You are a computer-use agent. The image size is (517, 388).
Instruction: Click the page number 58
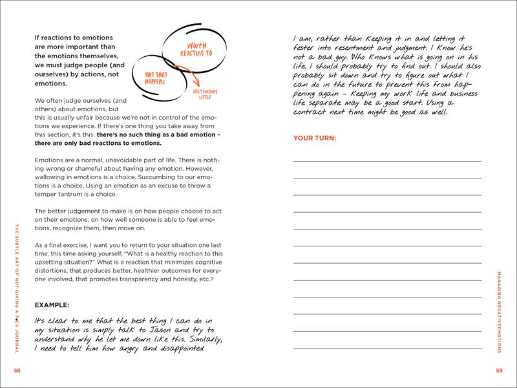17,370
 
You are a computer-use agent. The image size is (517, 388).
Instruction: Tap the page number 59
500,370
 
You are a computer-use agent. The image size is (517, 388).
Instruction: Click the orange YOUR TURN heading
315,138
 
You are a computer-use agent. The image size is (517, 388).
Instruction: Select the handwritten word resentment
368,48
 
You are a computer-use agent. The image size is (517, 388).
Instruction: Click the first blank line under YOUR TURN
387,160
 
